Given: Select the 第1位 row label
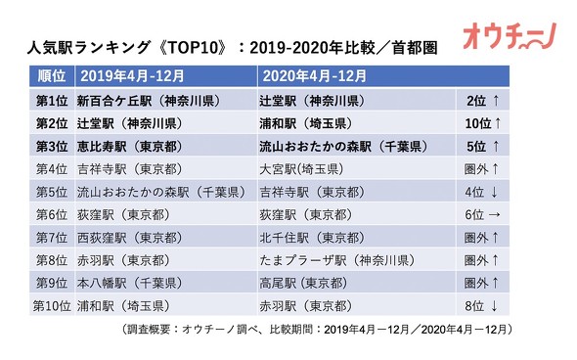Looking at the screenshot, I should (x=51, y=101).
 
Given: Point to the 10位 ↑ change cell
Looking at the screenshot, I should (x=480, y=123).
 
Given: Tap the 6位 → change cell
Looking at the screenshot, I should (x=480, y=213).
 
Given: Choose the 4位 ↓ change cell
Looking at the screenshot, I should (x=480, y=191).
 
